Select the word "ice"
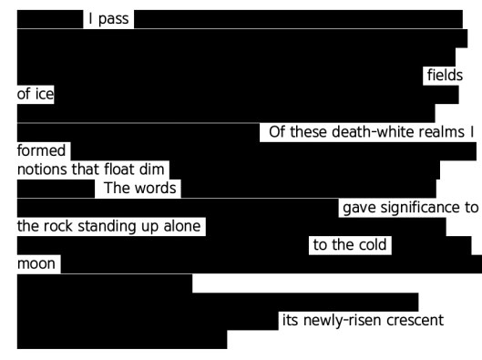[43, 94]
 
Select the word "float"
[122, 170]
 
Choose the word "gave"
[359, 208]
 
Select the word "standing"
[110, 226]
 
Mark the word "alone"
[182, 226]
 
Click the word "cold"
[373, 245]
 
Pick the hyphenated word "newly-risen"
[343, 321]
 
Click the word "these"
[306, 133]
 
